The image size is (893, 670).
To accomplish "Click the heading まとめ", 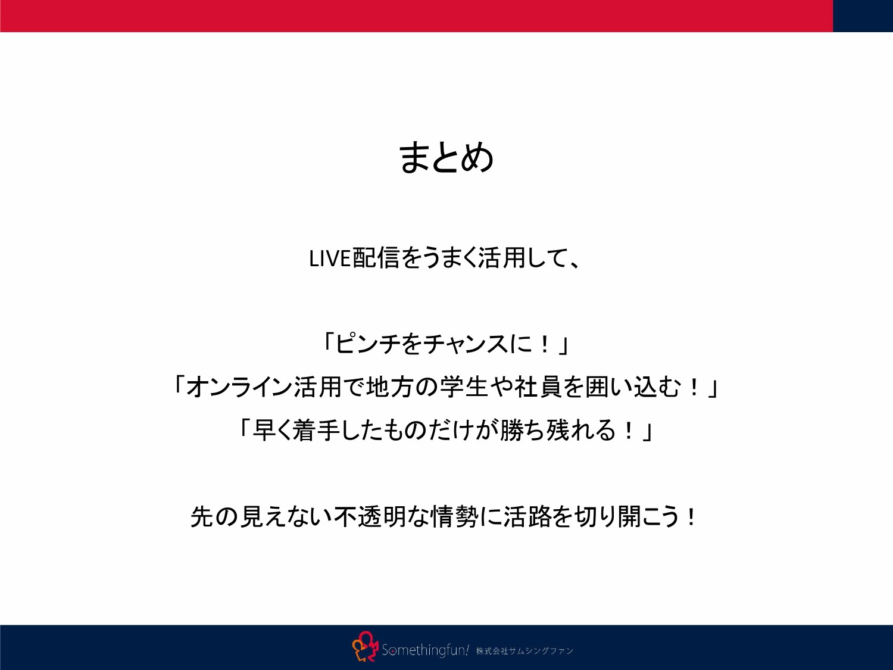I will point(446,158).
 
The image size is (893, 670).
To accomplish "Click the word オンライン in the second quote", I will point(239,387).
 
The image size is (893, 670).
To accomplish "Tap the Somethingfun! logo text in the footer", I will point(425,650).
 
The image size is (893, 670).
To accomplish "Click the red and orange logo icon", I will point(365,647).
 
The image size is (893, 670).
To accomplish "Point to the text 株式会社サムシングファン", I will point(524,651).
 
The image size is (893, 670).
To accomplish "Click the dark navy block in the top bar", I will point(863,15).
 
